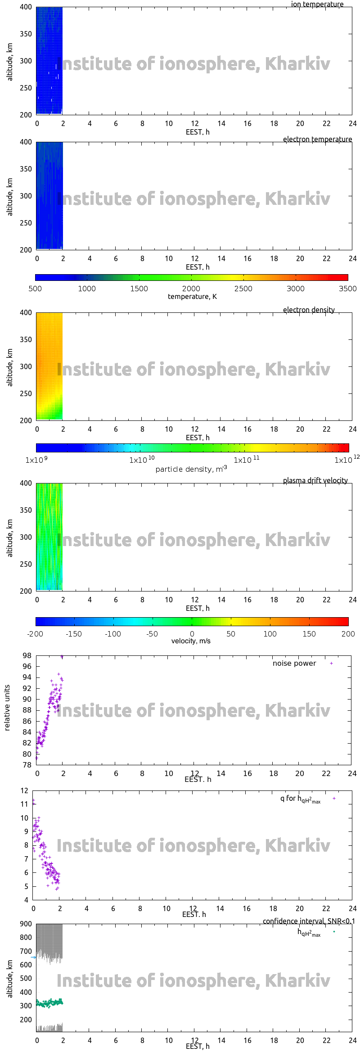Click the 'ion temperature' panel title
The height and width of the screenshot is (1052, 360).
click(317, 5)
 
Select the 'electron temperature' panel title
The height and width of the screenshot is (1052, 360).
click(317, 139)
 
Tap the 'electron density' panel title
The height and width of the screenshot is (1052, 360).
click(309, 310)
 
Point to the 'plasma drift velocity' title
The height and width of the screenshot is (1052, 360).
click(315, 480)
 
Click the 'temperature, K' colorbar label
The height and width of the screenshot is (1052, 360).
click(192, 297)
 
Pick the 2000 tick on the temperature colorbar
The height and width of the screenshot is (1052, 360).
click(191, 289)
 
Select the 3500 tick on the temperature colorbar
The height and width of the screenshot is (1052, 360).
click(348, 289)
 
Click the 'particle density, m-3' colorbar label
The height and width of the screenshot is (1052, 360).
click(191, 469)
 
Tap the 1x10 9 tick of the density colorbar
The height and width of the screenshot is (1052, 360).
click(36, 460)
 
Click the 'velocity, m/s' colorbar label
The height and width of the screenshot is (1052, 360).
click(191, 641)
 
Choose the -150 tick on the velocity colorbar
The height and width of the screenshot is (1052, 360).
click(74, 634)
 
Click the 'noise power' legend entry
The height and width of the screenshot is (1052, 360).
click(294, 664)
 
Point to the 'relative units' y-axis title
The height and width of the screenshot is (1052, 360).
click(7, 708)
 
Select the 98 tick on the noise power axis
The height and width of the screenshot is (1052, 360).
click(27, 655)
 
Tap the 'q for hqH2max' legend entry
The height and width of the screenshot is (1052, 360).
click(300, 799)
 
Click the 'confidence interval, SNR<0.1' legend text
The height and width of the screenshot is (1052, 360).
click(309, 921)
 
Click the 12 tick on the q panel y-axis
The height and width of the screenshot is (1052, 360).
click(24, 790)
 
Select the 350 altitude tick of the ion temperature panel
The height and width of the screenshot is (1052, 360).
click(26, 34)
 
